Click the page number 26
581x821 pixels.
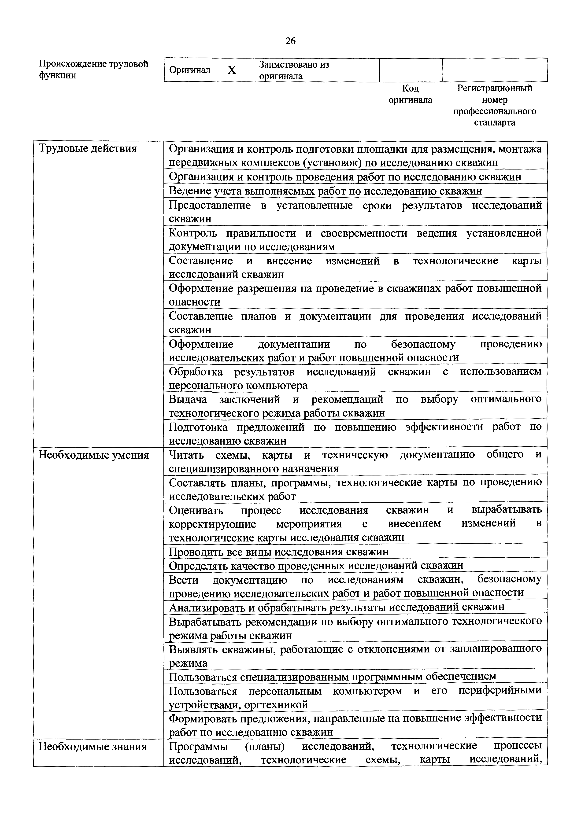[x=290, y=41]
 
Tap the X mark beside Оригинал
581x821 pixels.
[x=232, y=70]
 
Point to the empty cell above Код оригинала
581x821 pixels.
[x=410, y=70]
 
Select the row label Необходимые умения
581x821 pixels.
[x=93, y=455]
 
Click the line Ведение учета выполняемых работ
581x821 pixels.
[x=325, y=191]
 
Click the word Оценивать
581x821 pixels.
[x=196, y=510]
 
